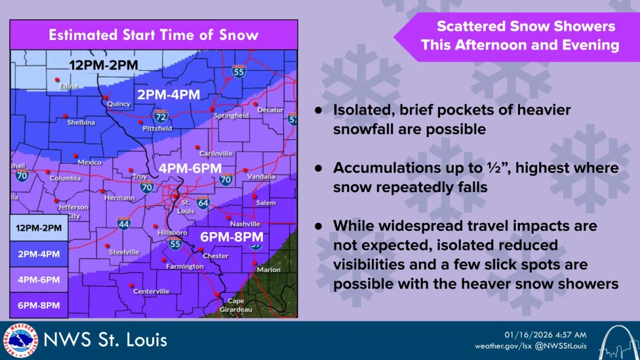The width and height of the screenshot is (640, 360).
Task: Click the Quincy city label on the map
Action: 119,104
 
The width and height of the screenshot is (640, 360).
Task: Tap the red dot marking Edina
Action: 57,80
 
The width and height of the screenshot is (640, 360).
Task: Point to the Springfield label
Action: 231,116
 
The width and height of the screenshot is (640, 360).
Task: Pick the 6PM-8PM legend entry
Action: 38,305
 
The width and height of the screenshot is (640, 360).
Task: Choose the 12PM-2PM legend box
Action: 38,228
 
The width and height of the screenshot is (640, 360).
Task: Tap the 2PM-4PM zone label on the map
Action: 169,95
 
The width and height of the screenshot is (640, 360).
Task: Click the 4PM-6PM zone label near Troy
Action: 190,168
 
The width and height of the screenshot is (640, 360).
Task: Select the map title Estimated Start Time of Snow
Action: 154,35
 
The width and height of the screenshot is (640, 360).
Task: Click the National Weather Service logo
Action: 21,340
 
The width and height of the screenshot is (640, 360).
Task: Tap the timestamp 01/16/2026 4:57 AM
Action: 546,334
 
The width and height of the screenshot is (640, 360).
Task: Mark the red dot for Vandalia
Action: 245,170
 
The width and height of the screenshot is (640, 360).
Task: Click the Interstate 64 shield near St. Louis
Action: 203,202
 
